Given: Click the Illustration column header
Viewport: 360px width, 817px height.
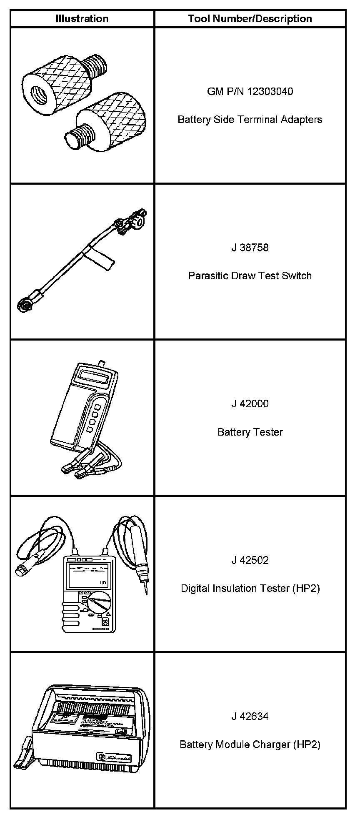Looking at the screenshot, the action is [82, 19].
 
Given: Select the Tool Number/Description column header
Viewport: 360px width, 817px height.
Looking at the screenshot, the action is [250, 19].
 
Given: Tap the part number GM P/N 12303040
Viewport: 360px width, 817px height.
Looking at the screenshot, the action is [250, 91].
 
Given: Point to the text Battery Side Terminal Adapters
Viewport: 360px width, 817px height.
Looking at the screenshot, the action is [250, 120].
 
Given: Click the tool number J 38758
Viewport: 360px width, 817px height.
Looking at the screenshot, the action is [250, 248].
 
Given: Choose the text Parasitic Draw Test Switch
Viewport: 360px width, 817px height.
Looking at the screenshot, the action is [250, 276].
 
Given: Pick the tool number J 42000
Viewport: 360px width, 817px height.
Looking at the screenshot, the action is [250, 403].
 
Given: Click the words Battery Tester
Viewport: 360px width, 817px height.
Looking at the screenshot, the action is [250, 432].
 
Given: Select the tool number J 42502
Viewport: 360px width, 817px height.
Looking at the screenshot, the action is [250, 560].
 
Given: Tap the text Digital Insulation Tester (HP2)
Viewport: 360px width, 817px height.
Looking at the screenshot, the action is [250, 588].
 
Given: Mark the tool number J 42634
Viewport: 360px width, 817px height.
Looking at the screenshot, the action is [250, 716].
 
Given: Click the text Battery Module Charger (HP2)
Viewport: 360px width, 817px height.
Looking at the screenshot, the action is [250, 744].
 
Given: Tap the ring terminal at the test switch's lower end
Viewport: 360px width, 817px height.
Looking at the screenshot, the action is [24, 305].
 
